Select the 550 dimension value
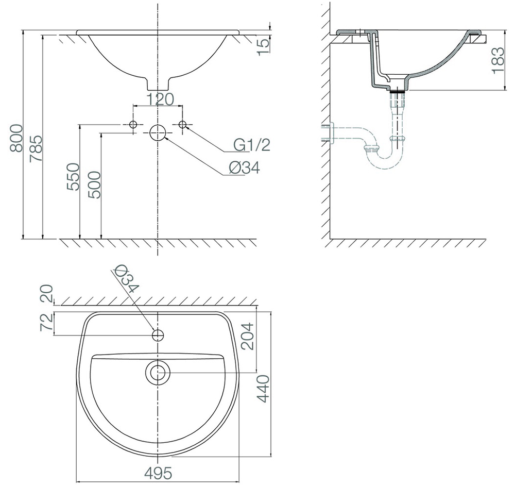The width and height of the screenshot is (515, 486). tap(73, 177)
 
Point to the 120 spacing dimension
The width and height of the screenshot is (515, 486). tap(158, 99)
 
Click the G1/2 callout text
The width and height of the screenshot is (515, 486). tap(251, 146)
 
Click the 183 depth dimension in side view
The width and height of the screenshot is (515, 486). tap(497, 61)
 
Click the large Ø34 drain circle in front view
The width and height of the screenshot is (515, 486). tap(158, 132)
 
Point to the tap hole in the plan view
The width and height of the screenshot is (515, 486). tap(158, 336)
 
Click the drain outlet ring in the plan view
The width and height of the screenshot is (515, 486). tap(158, 372)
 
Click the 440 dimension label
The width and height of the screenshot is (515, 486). tap(264, 389)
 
